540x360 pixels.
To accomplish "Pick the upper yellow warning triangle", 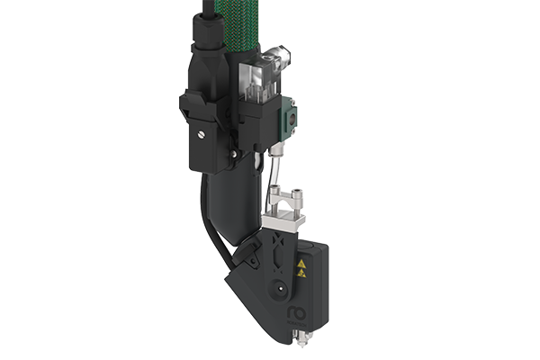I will [x=301, y=264].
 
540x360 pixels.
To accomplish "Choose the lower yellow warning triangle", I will [x=301, y=275].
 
